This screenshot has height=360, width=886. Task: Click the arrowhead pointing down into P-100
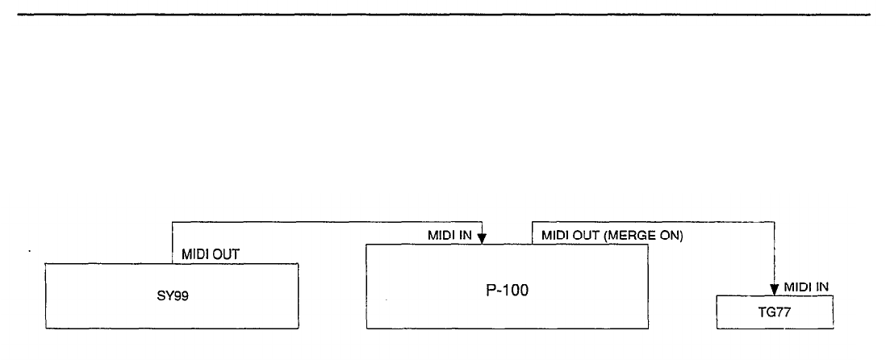[482, 239]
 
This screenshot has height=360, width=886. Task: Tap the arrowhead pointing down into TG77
[775, 289]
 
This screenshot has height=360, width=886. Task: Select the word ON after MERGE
[672, 236]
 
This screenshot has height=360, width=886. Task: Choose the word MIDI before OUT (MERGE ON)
[556, 236]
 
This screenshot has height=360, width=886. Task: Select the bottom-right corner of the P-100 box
[649, 329]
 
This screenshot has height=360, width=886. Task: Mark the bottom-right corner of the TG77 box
[834, 328]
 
